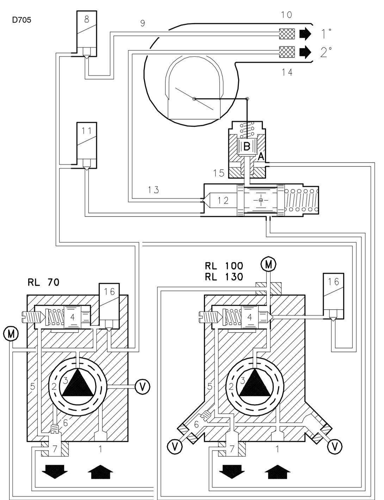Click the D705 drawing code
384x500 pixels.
tap(21, 20)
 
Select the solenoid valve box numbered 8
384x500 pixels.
tap(87, 33)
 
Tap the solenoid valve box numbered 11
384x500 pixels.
tap(87, 145)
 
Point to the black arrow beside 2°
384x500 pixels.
tap(305, 52)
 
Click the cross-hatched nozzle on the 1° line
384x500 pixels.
tap(287, 33)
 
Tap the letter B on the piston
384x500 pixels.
tap(247, 146)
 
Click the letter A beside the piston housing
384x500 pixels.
tap(261, 157)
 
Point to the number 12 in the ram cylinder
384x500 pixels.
tap(223, 200)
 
